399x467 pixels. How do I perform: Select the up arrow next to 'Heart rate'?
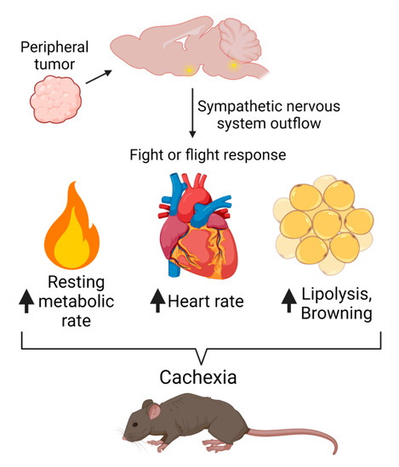pos(157,300)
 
